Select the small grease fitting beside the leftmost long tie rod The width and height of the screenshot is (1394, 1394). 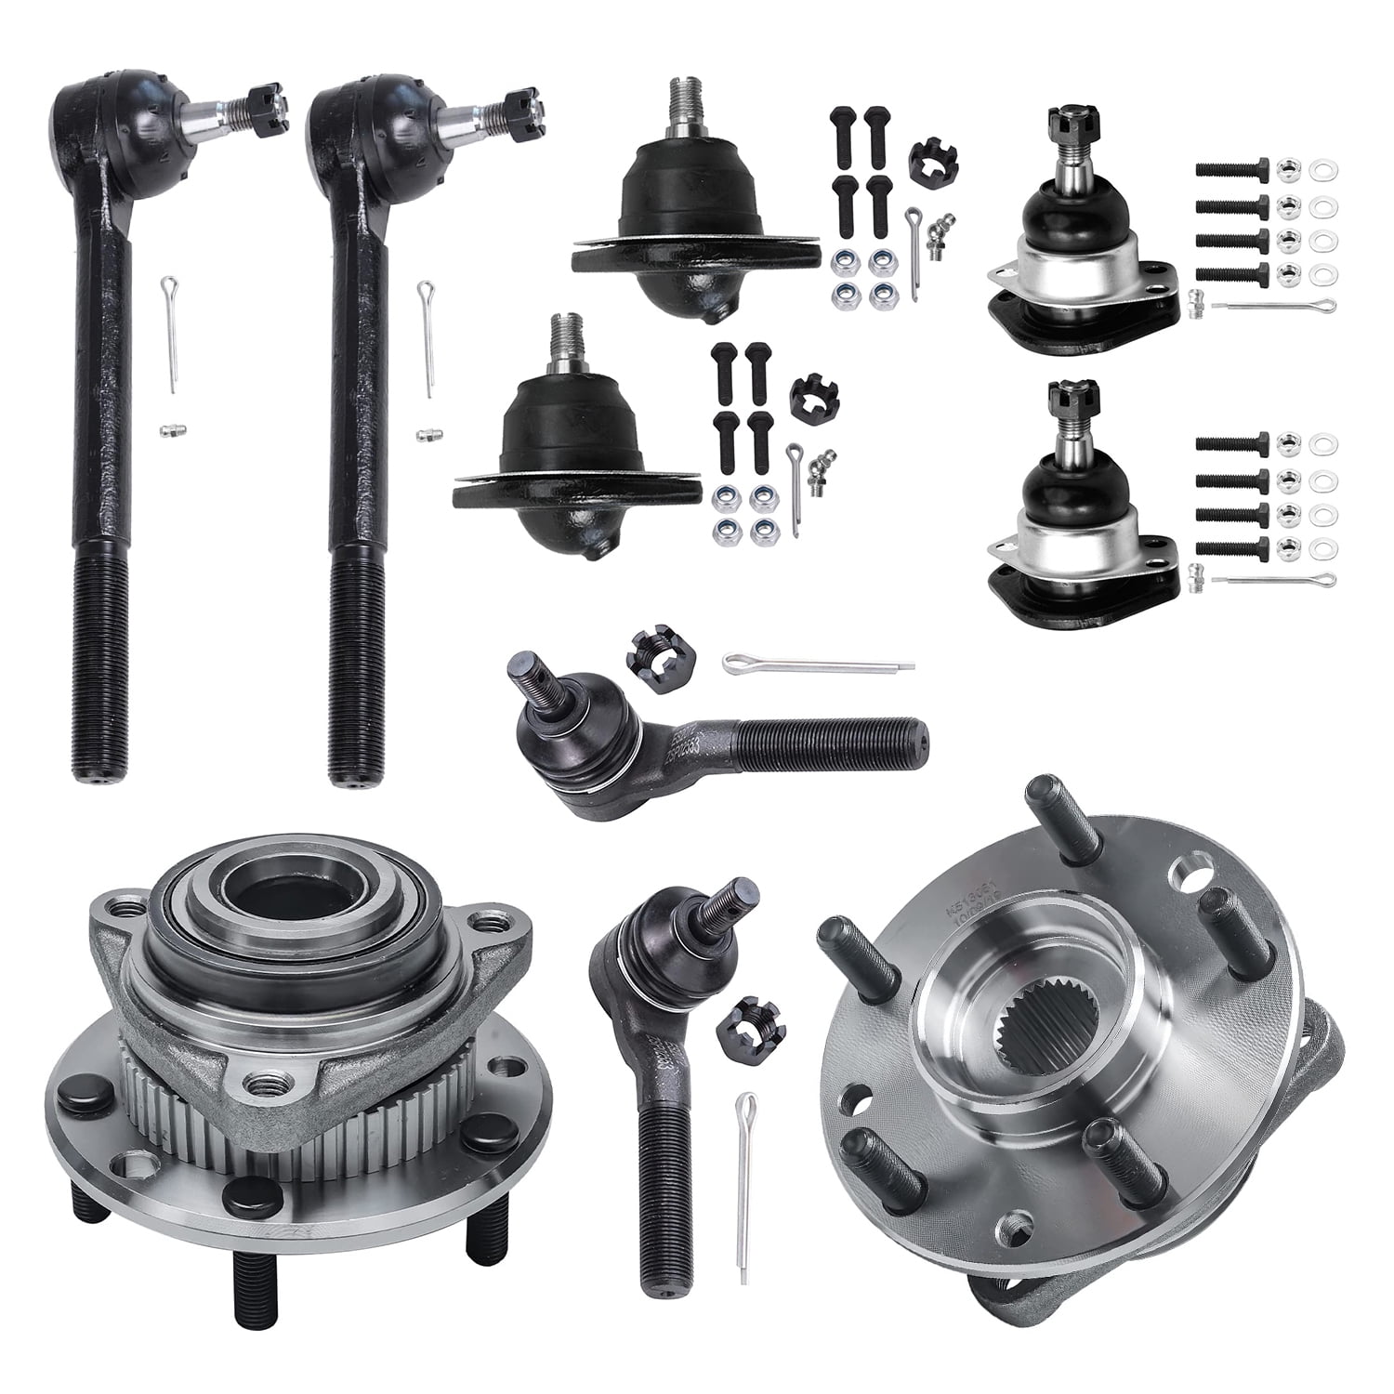click(168, 429)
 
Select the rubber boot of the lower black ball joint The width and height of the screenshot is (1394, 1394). click(573, 427)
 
